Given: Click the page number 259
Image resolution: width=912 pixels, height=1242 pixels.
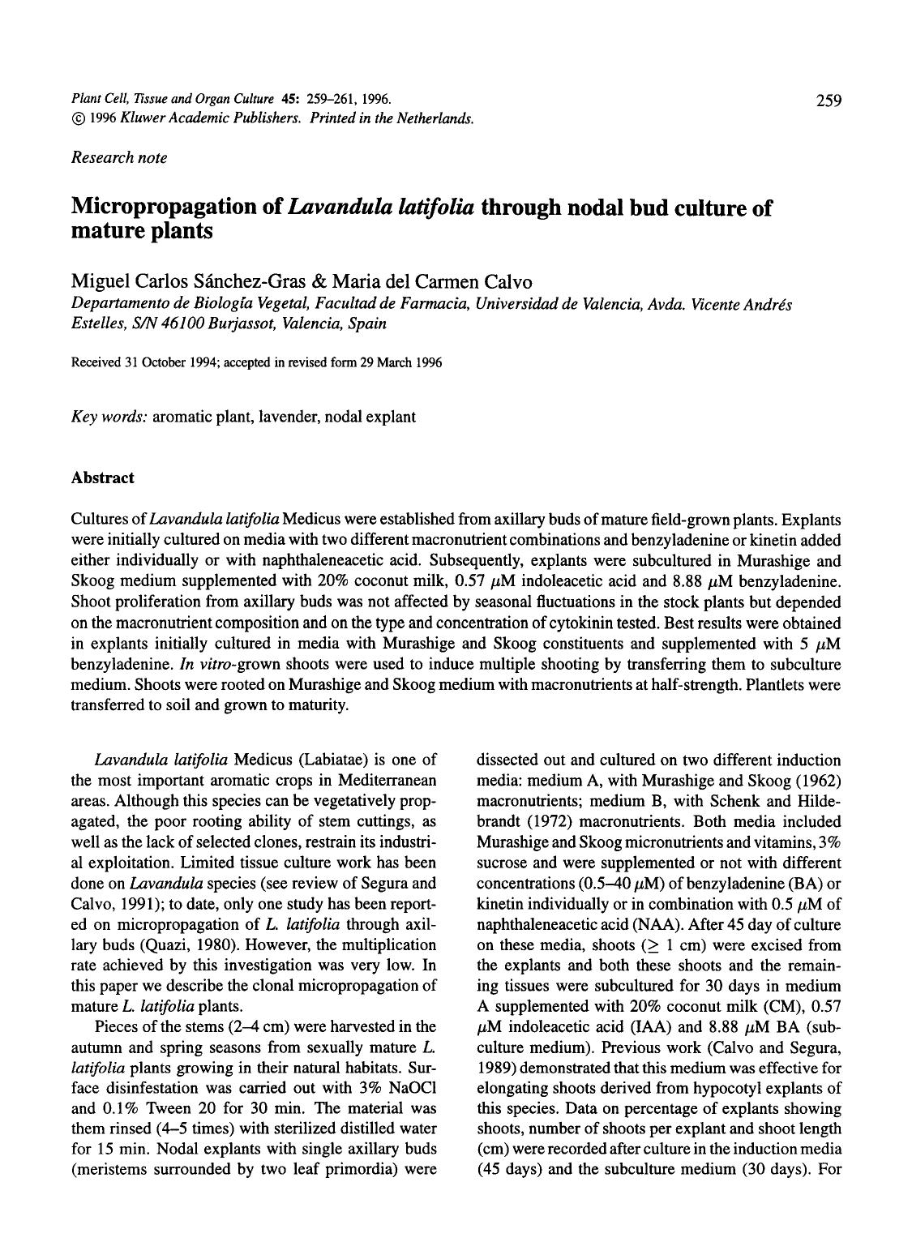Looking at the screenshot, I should tap(829, 101).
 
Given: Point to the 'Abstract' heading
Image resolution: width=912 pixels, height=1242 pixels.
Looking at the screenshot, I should tap(103, 478).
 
